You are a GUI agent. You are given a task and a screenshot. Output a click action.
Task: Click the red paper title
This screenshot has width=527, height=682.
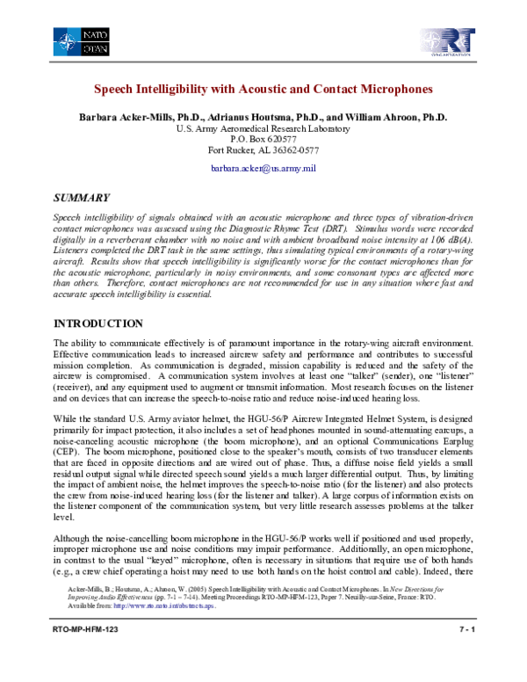click(x=263, y=90)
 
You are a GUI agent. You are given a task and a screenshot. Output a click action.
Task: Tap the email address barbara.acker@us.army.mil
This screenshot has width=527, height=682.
click(x=263, y=167)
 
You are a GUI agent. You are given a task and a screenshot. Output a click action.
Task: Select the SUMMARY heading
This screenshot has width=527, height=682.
click(x=82, y=198)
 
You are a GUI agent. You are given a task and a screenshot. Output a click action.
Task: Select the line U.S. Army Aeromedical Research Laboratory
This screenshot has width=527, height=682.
click(x=263, y=128)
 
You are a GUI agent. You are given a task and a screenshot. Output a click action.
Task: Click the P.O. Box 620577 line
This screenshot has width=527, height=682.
click(x=263, y=140)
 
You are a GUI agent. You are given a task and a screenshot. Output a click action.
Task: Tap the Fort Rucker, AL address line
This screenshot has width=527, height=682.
click(x=263, y=150)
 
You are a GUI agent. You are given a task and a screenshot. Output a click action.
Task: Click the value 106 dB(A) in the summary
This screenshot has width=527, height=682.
click(x=447, y=238)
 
